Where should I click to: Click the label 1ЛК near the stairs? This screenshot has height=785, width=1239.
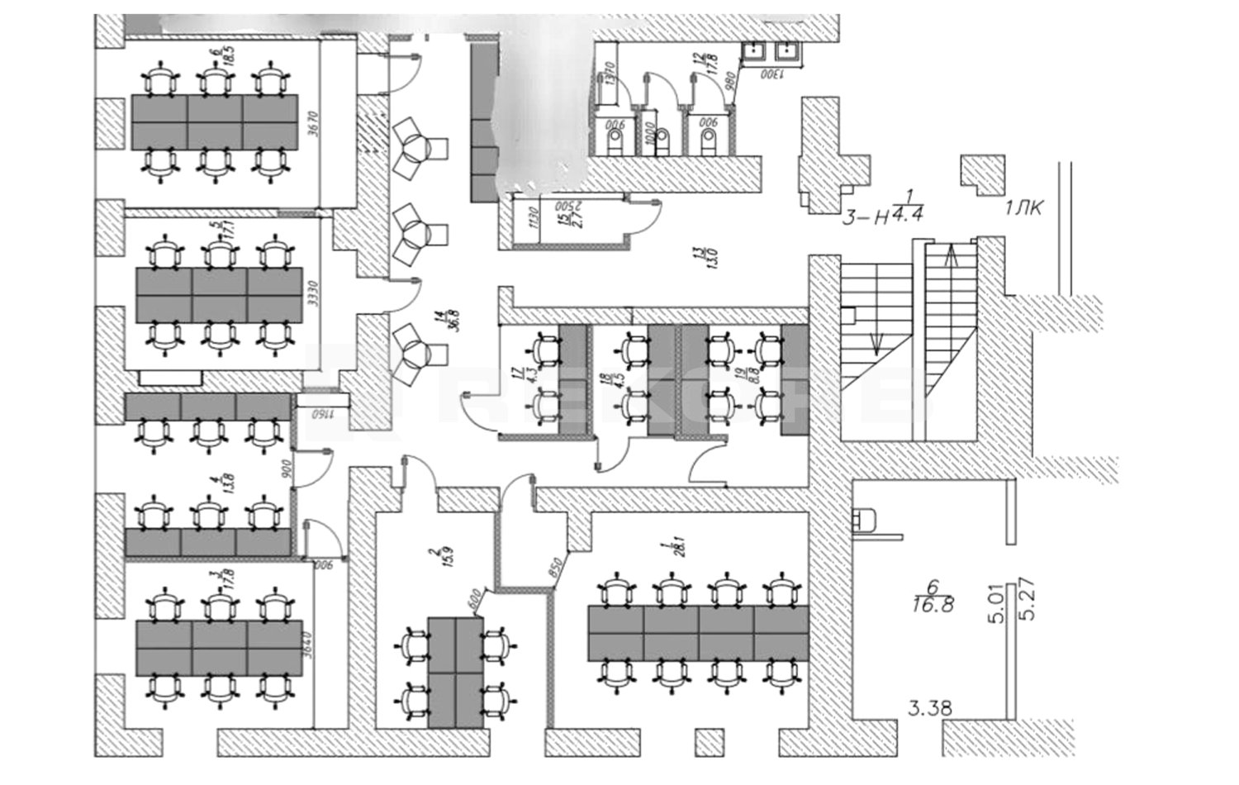tap(1023, 208)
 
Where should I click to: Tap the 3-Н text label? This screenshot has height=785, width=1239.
tap(864, 218)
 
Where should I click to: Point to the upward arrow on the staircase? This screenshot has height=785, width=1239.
tap(951, 259)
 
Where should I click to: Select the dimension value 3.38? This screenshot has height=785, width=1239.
tap(930, 708)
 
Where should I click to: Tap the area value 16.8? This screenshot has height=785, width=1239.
tap(933, 605)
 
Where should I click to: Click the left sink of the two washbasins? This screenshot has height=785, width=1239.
tap(754, 52)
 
